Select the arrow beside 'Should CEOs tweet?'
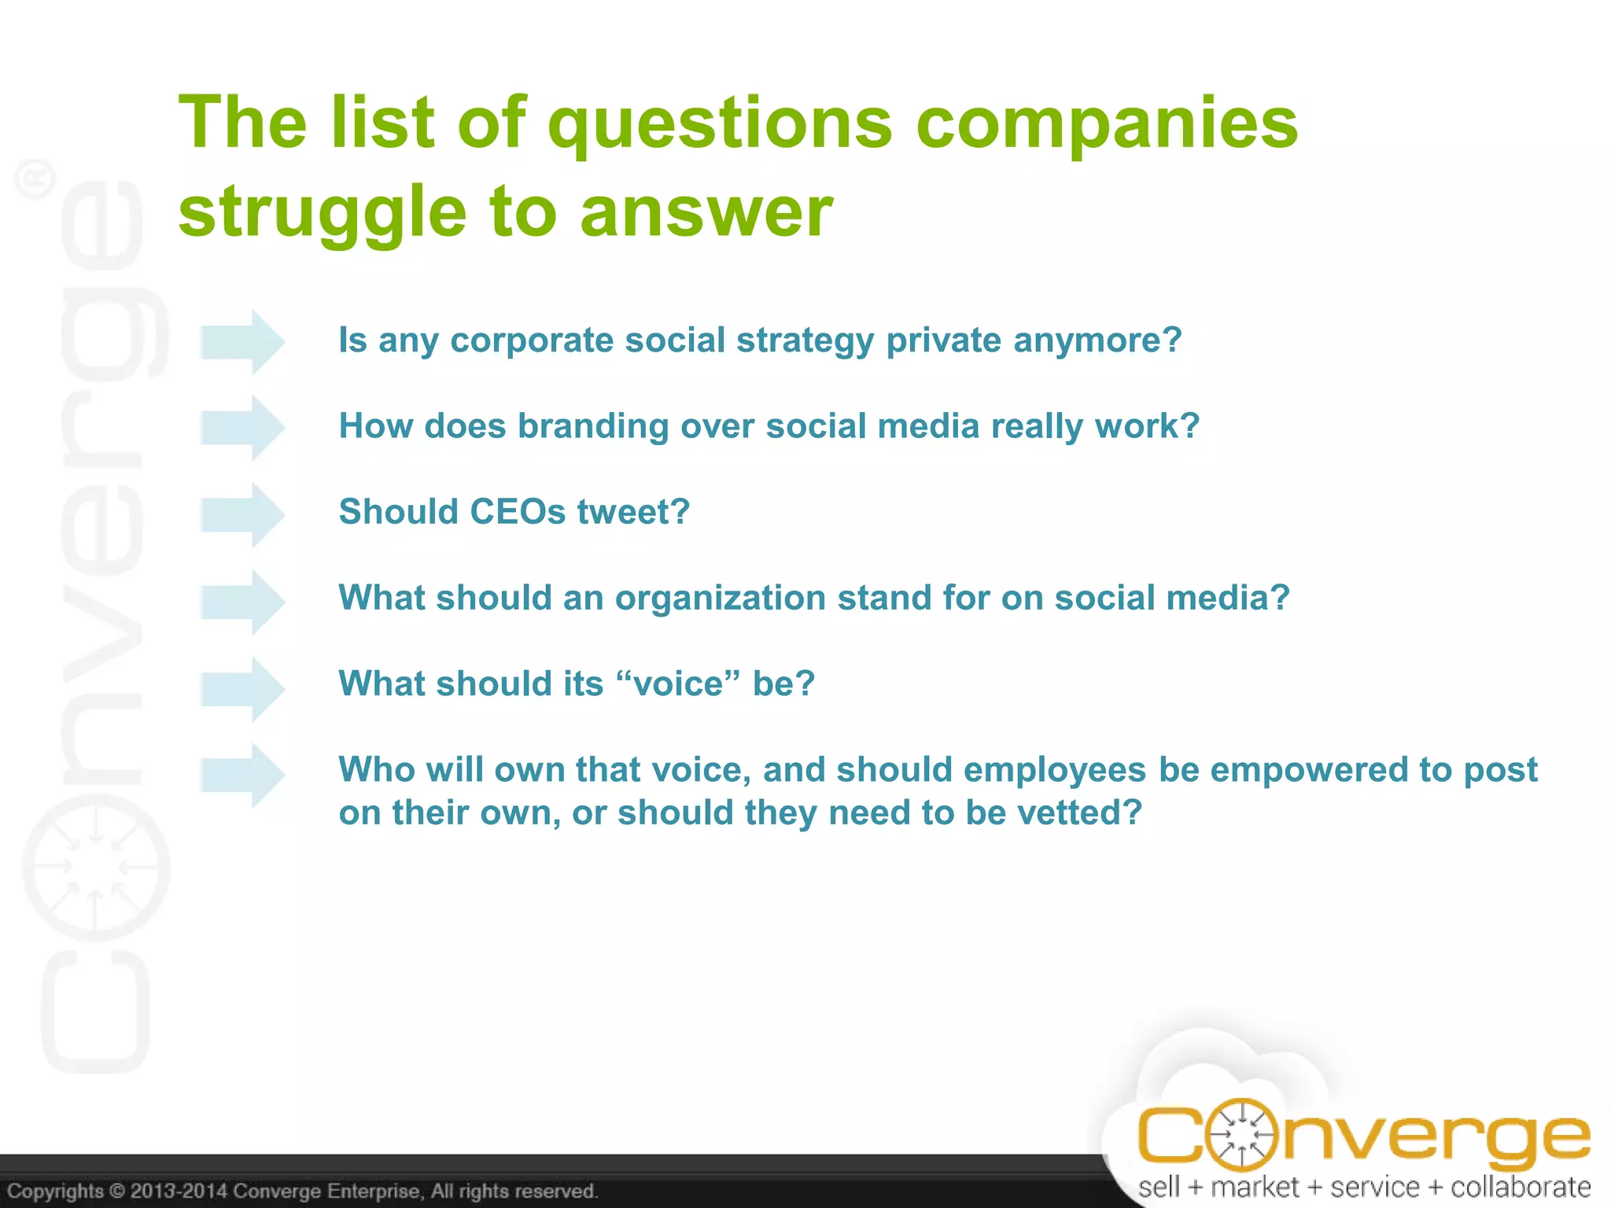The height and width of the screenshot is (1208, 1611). pos(242,514)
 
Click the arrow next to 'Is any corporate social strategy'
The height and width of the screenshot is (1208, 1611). pos(242,342)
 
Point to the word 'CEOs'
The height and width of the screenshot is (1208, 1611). pos(518,512)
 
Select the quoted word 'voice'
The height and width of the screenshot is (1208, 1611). pos(679,684)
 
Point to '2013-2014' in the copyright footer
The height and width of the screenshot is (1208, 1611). pos(179,1191)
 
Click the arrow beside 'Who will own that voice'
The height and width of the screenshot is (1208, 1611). pos(242,775)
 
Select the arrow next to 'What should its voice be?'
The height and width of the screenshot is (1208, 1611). pos(242,689)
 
